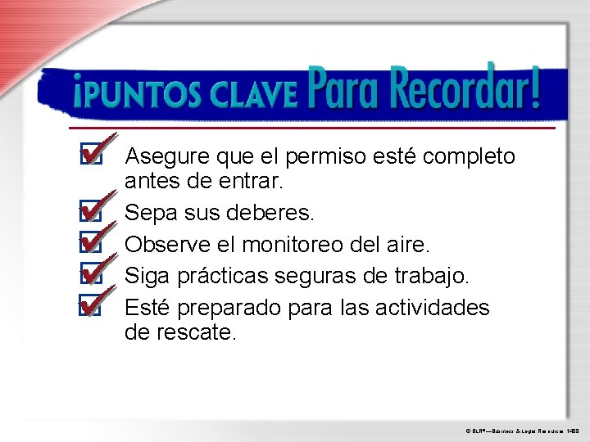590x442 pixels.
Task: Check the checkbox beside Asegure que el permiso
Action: [x=91, y=156]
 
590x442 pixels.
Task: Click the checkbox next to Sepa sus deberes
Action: [x=91, y=214]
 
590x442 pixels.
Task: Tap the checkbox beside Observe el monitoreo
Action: [x=91, y=244]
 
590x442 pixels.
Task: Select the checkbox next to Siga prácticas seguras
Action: [x=91, y=275]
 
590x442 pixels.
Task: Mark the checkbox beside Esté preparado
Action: [x=91, y=307]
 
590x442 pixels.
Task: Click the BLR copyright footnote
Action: [x=523, y=428]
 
